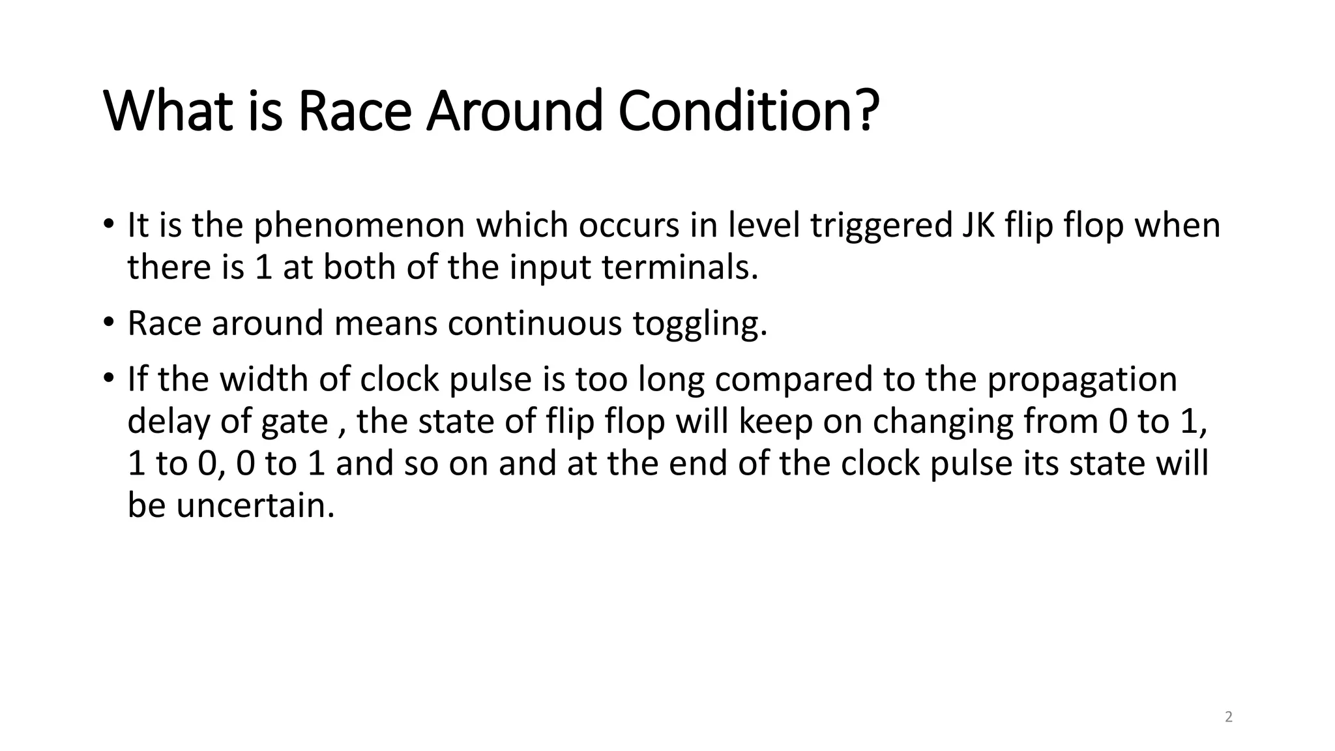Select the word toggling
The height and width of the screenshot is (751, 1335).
pos(700,323)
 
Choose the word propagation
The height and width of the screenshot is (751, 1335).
pos(1082,379)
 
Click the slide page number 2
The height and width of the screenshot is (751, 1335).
pos(1229,718)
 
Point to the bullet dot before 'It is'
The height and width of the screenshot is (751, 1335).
pos(108,224)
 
